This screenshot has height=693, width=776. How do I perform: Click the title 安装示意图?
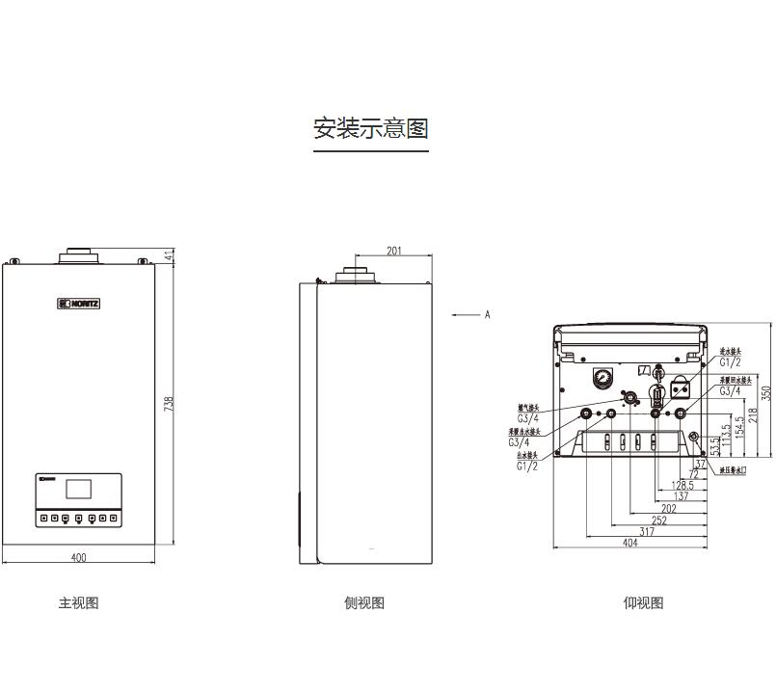370,128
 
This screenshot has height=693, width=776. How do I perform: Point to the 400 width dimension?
78,557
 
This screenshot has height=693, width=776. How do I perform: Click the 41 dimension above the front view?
170,255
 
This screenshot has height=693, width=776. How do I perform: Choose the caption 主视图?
79,603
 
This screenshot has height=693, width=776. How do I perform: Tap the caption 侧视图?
364,603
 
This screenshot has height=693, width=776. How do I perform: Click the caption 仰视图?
643,603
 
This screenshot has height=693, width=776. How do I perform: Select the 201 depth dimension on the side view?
394,252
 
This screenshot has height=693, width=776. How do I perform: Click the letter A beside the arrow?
488,314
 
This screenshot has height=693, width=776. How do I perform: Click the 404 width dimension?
630,544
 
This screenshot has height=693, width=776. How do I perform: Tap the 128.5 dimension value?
683,485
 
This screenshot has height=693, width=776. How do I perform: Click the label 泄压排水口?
738,470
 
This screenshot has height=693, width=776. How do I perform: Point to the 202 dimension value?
669,508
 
